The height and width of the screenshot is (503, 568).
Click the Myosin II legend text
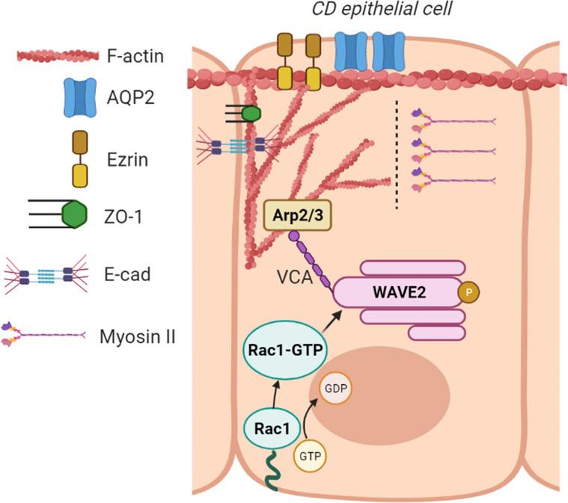[137, 336]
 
